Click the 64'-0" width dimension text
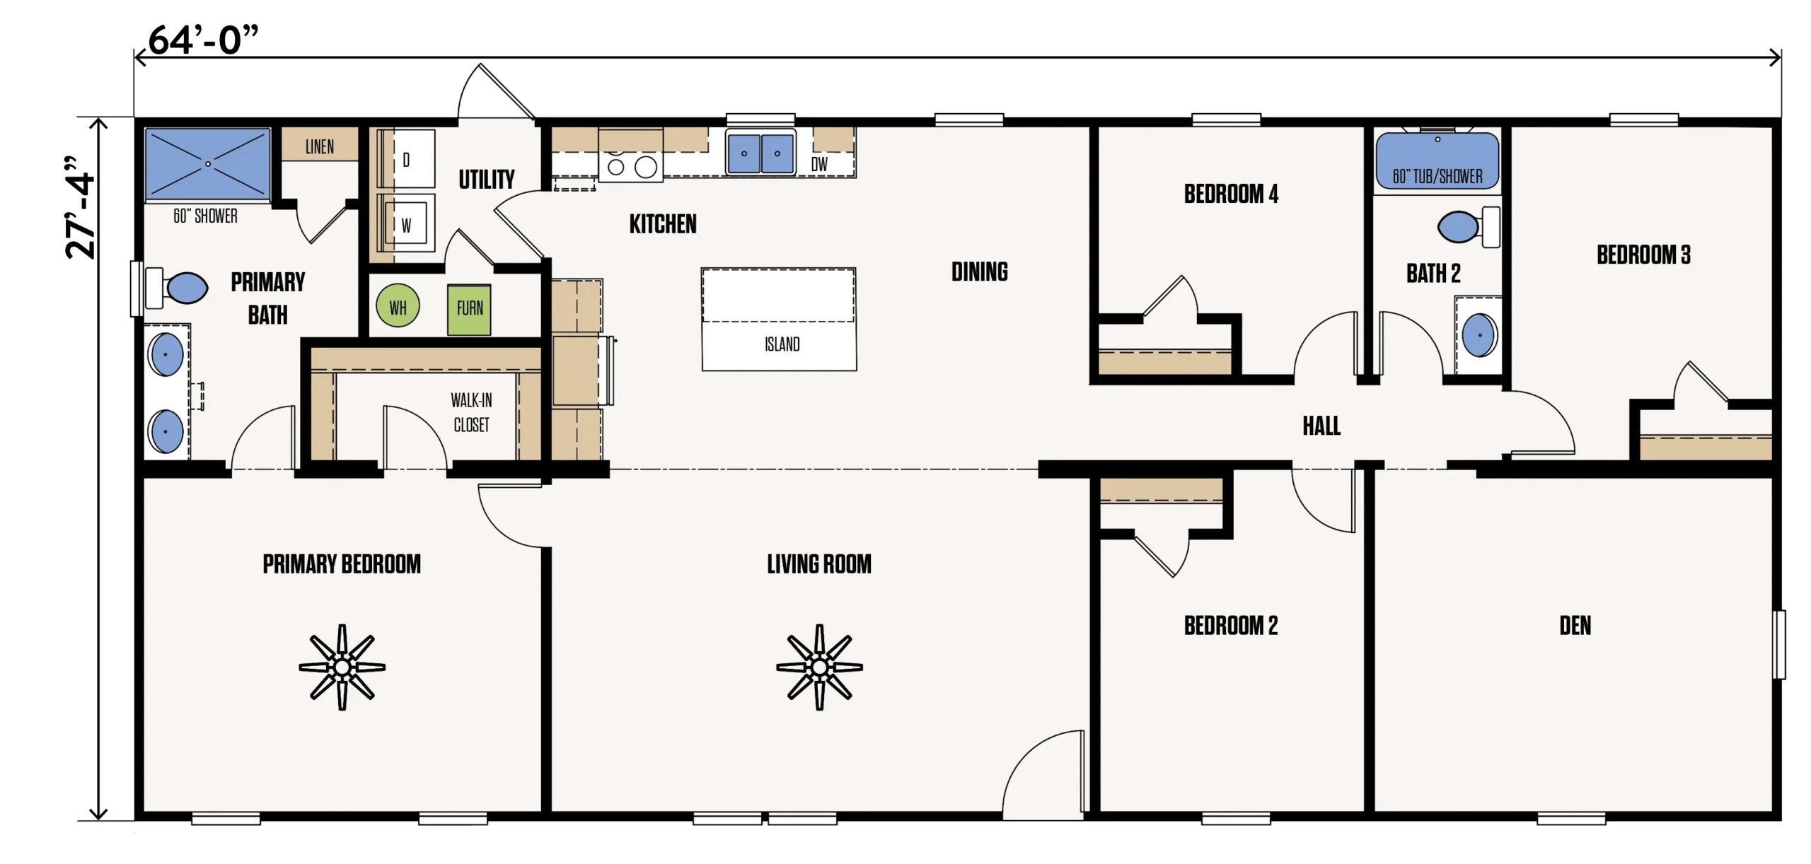(203, 40)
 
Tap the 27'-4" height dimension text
(79, 207)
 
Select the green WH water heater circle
(398, 306)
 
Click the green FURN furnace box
(469, 309)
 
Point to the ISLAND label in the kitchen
(782, 344)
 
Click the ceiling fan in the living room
(819, 667)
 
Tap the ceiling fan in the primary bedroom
(342, 667)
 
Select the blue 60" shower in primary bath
(207, 164)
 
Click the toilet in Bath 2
(1469, 227)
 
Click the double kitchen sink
(760, 153)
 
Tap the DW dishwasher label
(819, 165)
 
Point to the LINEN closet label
(320, 146)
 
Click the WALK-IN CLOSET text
(471, 412)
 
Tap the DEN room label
(1575, 626)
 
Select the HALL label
(1321, 426)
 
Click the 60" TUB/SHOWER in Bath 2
(1437, 162)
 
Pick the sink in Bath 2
(1479, 335)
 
